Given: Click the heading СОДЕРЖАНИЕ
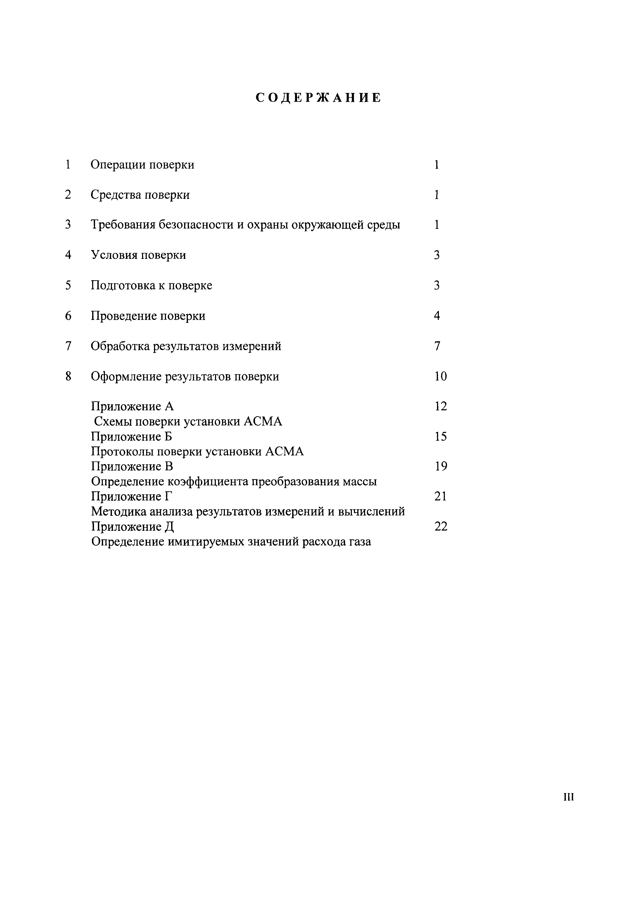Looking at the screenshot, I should [318, 98].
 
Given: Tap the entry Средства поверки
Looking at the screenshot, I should [140, 195].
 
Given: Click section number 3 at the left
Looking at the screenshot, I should [68, 225].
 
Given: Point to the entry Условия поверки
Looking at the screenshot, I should [138, 255].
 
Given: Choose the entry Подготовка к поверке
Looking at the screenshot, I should [151, 285].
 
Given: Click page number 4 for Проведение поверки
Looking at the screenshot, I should [437, 316].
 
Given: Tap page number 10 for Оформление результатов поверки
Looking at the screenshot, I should [440, 376].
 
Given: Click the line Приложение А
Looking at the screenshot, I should [132, 406].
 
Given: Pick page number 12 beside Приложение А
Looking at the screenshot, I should [440, 406].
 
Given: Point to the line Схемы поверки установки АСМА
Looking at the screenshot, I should [188, 421].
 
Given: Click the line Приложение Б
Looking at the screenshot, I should [131, 437].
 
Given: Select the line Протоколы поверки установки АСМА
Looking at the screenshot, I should [197, 452].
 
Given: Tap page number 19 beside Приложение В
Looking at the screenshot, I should [440, 466].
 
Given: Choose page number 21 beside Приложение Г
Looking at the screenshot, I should [440, 496].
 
